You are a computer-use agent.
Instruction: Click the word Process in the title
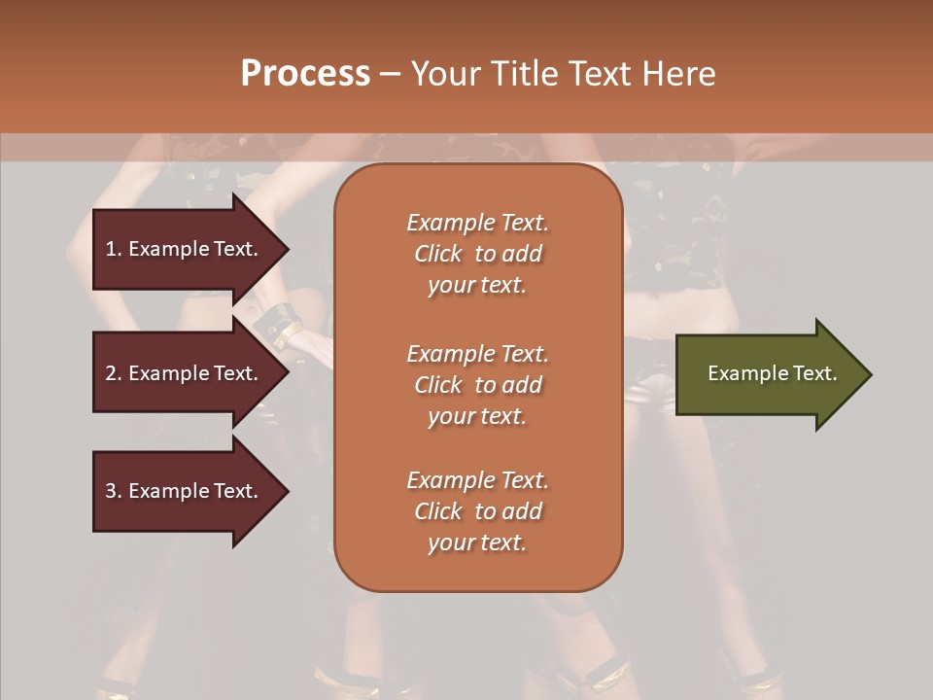click(305, 74)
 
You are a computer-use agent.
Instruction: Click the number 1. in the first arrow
click(113, 249)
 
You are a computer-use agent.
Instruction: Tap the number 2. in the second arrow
click(113, 373)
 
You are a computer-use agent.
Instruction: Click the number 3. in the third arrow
click(113, 491)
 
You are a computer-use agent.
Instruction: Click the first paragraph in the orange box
click(477, 254)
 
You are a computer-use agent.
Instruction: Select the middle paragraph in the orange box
click(477, 385)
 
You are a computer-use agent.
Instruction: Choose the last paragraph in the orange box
click(477, 511)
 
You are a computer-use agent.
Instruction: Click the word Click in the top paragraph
click(437, 254)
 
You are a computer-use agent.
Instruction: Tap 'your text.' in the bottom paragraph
click(477, 542)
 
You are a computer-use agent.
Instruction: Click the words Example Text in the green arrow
click(772, 373)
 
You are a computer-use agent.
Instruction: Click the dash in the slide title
click(390, 75)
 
